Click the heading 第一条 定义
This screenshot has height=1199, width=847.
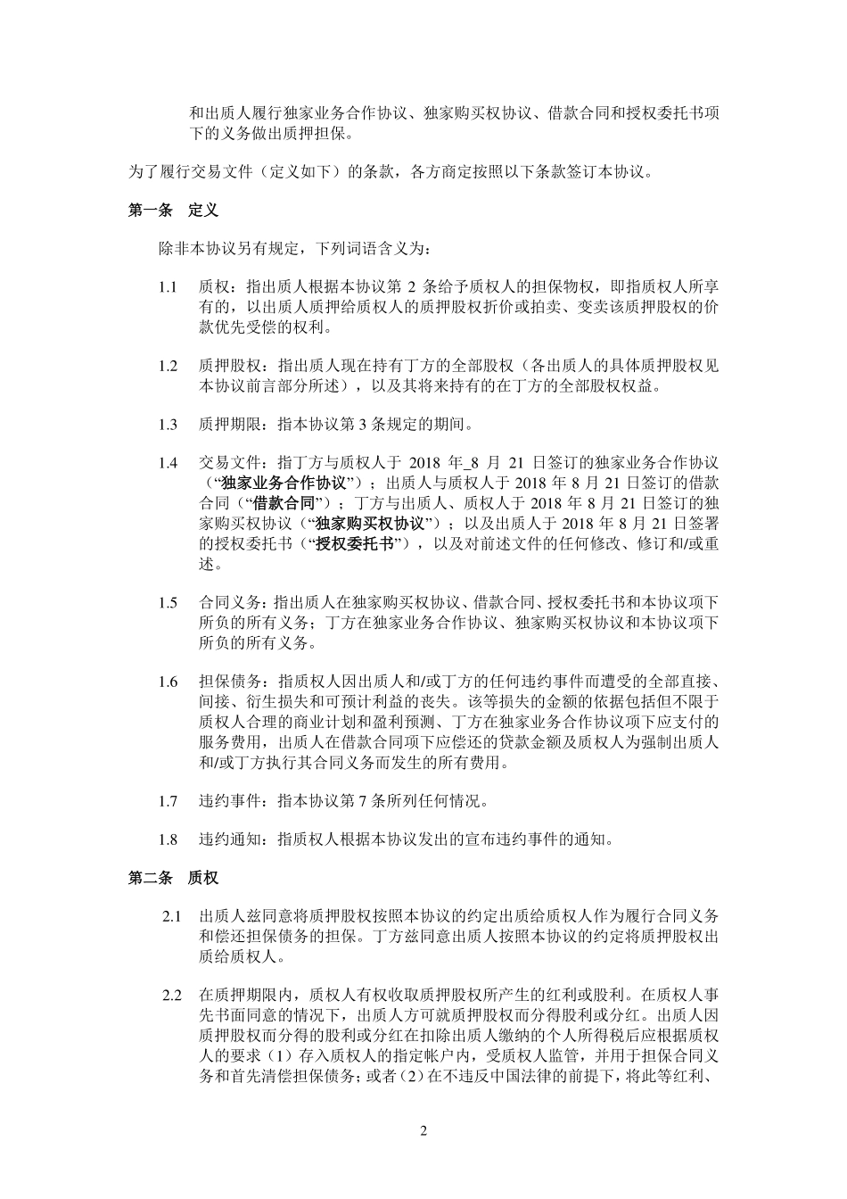[x=173, y=211]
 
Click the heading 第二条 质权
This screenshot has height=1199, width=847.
[x=173, y=878]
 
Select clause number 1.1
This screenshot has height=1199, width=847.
[x=168, y=287]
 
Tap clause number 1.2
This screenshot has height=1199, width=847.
[x=168, y=366]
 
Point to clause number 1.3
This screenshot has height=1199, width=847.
[x=168, y=424]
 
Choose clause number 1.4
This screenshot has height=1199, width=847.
[x=168, y=463]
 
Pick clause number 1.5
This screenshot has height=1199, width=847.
[x=168, y=602]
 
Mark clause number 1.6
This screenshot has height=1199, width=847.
[x=168, y=682]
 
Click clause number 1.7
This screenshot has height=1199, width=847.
[x=168, y=800]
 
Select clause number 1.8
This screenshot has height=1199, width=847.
[x=168, y=839]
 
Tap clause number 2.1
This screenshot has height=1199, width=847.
[x=172, y=917]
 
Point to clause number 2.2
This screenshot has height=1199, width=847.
[x=172, y=995]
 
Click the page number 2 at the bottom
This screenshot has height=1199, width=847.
[x=423, y=1131]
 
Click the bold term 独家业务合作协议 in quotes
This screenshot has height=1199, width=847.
[x=270, y=483]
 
